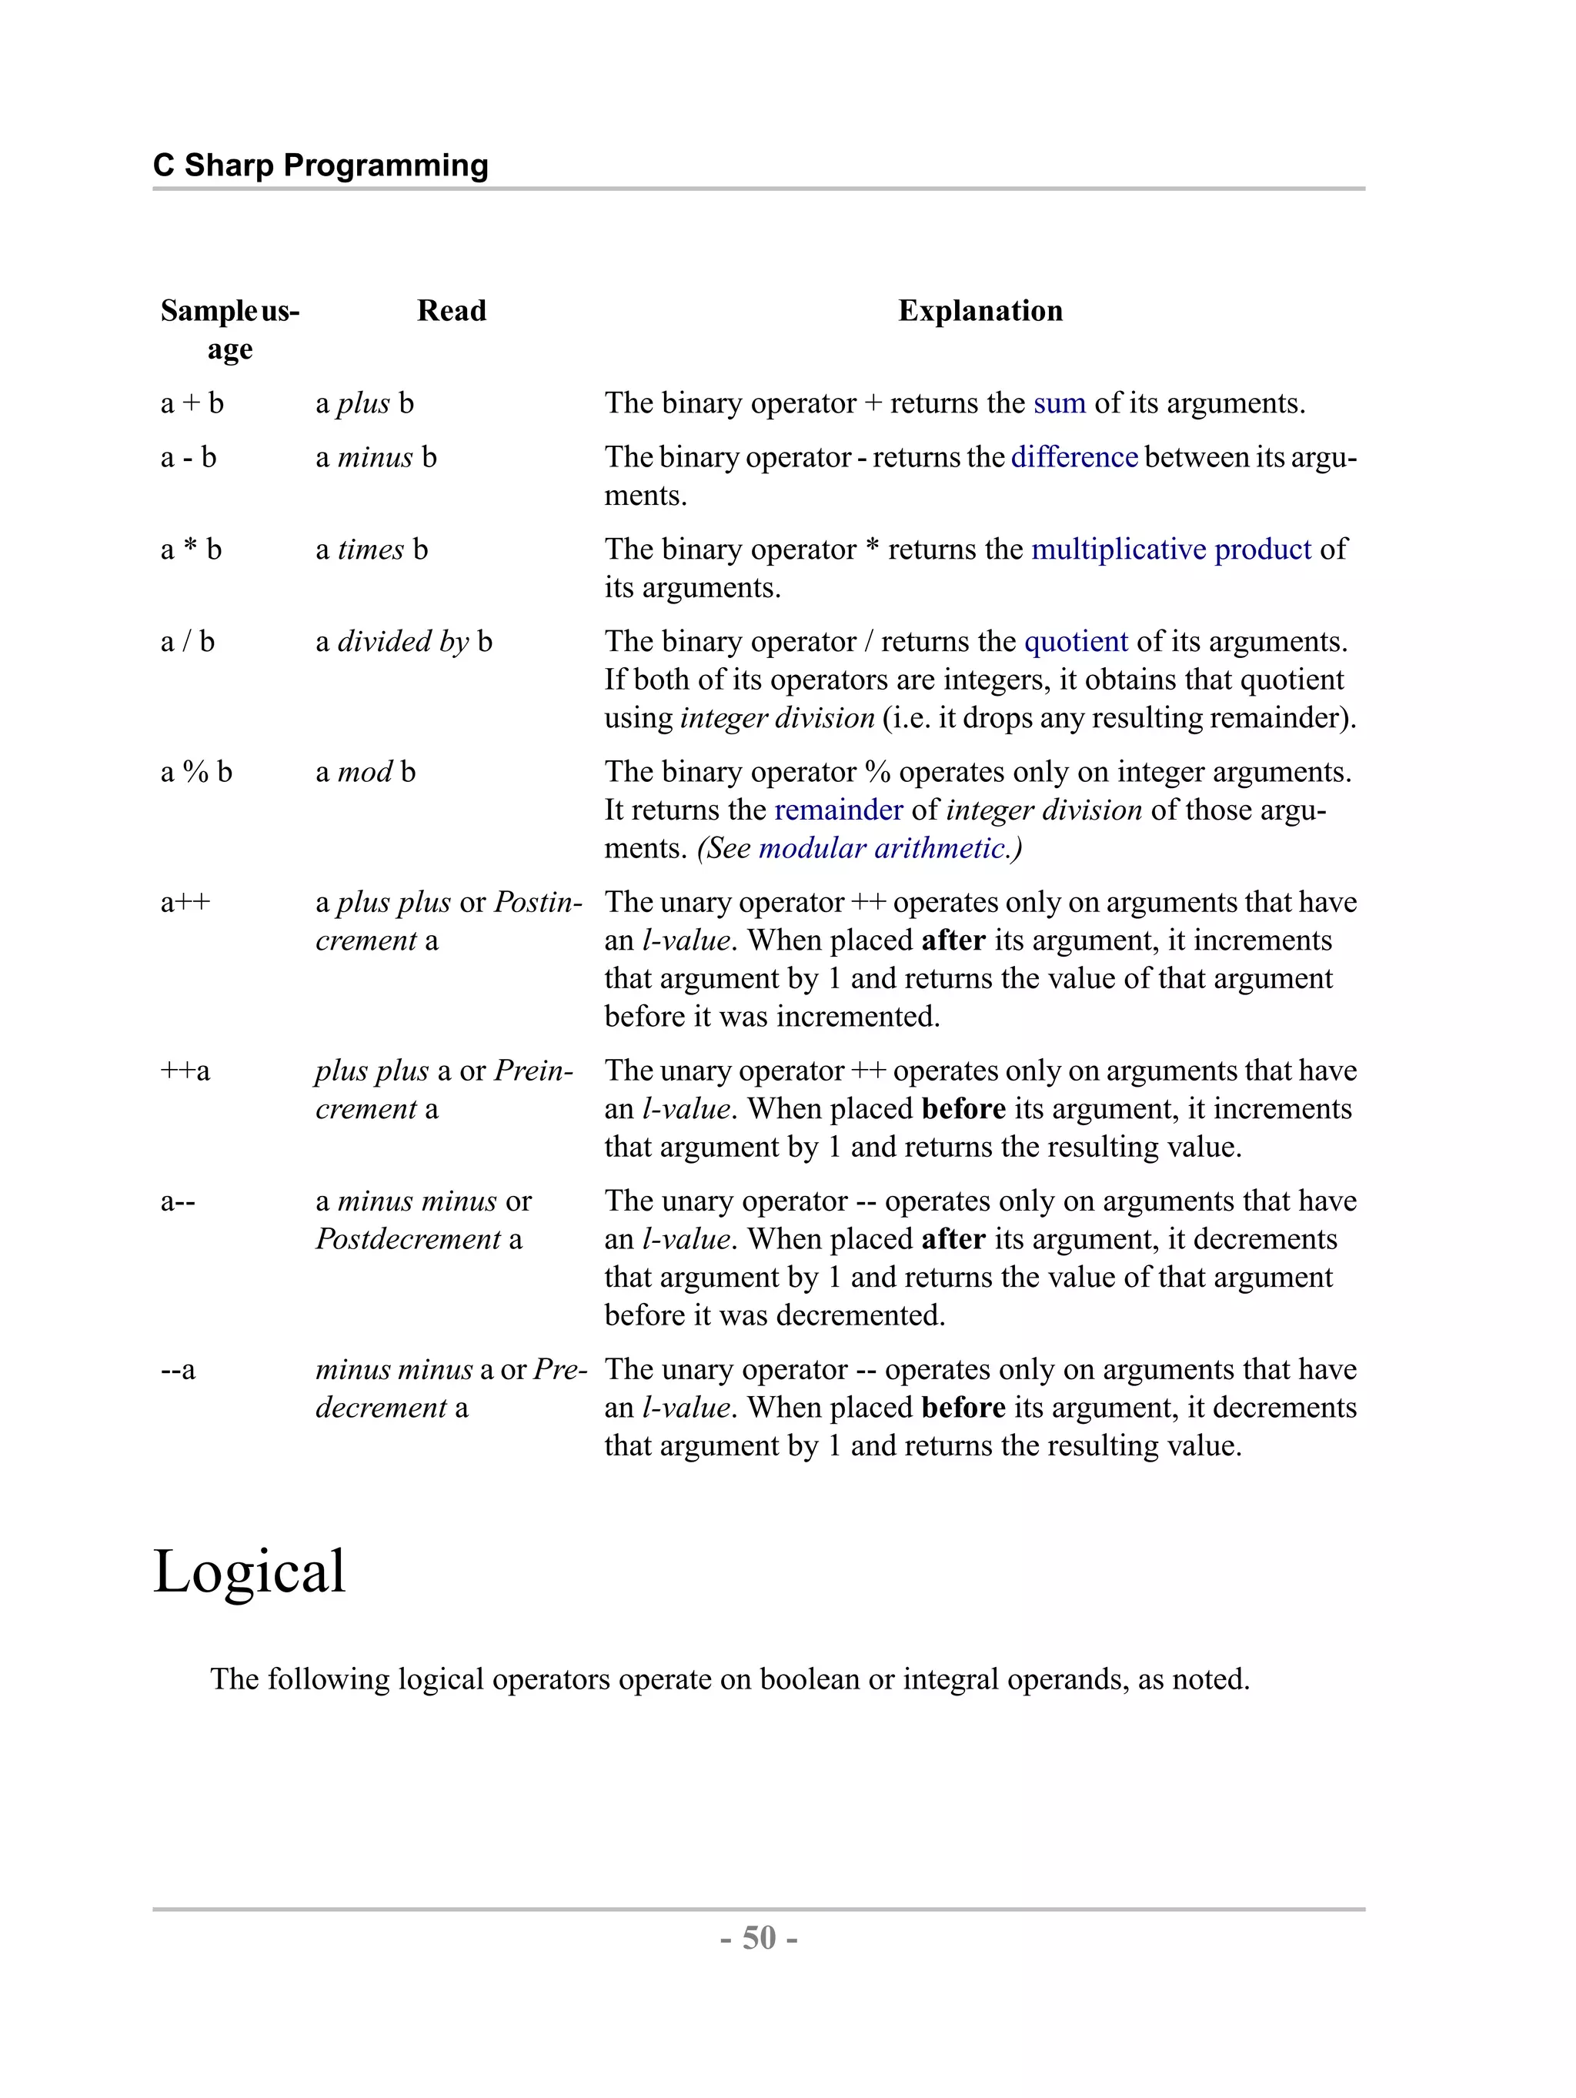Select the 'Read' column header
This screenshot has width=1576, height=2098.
coord(452,310)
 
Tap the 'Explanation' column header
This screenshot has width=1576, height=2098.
coord(980,310)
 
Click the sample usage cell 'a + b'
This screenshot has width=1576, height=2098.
coord(192,403)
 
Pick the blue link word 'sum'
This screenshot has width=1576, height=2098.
coord(1058,403)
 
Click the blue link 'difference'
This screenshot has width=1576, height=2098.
coord(1073,457)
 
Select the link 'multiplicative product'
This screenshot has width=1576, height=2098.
coord(1170,550)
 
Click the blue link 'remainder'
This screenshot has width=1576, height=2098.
coord(838,810)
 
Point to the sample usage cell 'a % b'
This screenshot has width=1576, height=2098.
coord(196,772)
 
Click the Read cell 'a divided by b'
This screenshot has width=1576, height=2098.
coord(404,642)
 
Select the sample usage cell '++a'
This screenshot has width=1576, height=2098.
coord(185,1071)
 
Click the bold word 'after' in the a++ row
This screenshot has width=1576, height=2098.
coord(953,941)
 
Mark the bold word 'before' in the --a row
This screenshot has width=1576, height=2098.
coord(963,1408)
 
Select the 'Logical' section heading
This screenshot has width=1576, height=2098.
coord(249,1572)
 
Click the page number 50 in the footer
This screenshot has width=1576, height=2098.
coord(759,1938)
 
